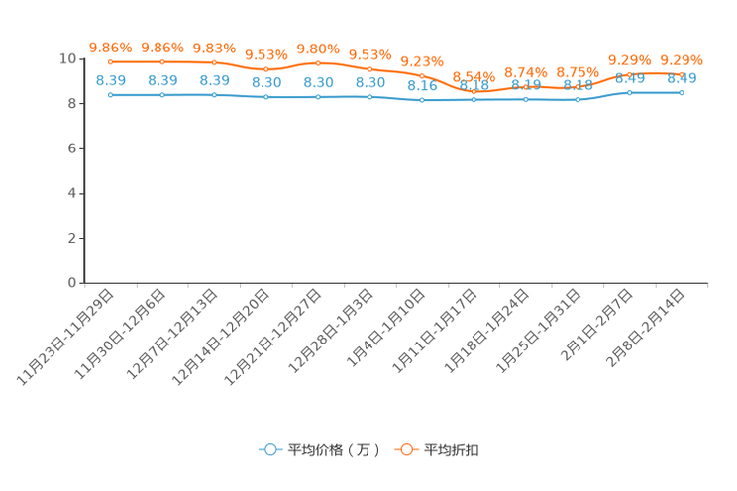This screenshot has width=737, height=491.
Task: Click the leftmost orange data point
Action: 110,61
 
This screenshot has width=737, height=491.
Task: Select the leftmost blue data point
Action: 110,95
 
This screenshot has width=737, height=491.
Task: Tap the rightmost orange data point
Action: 681,73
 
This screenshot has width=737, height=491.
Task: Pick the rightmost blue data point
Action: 681,93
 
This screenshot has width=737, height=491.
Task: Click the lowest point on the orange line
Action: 474,92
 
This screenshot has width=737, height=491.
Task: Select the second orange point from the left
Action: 162,61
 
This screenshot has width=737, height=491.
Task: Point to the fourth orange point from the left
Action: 265,69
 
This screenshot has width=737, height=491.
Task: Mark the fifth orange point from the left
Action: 318,62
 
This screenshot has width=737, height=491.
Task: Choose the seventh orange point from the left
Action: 421,75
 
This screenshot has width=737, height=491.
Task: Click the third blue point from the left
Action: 214,95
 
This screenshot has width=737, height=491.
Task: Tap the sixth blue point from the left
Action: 369,97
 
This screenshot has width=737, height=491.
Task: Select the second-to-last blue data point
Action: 629,93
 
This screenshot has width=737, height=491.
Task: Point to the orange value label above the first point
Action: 110,47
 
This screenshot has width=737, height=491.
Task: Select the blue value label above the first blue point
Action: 110,80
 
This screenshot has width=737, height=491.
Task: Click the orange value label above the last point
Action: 681,58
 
